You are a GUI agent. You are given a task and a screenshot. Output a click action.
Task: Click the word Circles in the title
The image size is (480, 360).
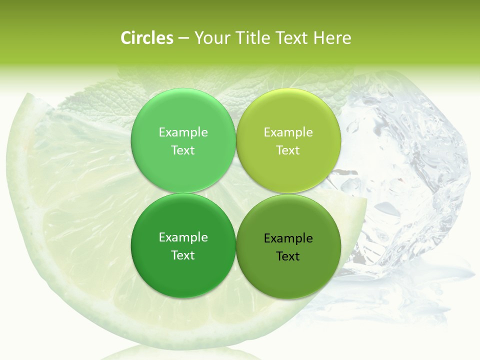pos(146,38)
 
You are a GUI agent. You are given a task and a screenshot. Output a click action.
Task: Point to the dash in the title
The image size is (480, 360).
pos(183,38)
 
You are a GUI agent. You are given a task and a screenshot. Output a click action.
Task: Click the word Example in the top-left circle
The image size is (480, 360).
pos(183,132)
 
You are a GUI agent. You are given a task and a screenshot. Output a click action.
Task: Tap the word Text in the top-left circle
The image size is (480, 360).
pos(183,150)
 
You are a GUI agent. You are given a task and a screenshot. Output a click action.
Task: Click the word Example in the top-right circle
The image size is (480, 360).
pos(288,132)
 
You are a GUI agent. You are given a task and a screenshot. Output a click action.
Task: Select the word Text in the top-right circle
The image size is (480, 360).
pos(288,150)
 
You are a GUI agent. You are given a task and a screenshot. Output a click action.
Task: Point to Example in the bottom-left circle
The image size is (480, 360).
pos(183,237)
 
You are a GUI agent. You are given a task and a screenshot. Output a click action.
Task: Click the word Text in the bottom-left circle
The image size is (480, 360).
pos(183,255)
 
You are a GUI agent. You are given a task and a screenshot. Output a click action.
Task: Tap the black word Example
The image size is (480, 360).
pos(288,238)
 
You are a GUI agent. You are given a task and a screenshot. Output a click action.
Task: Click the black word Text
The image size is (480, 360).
pos(288,256)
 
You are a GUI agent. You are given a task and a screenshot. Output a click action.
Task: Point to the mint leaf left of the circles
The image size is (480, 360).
pos(90,107)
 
